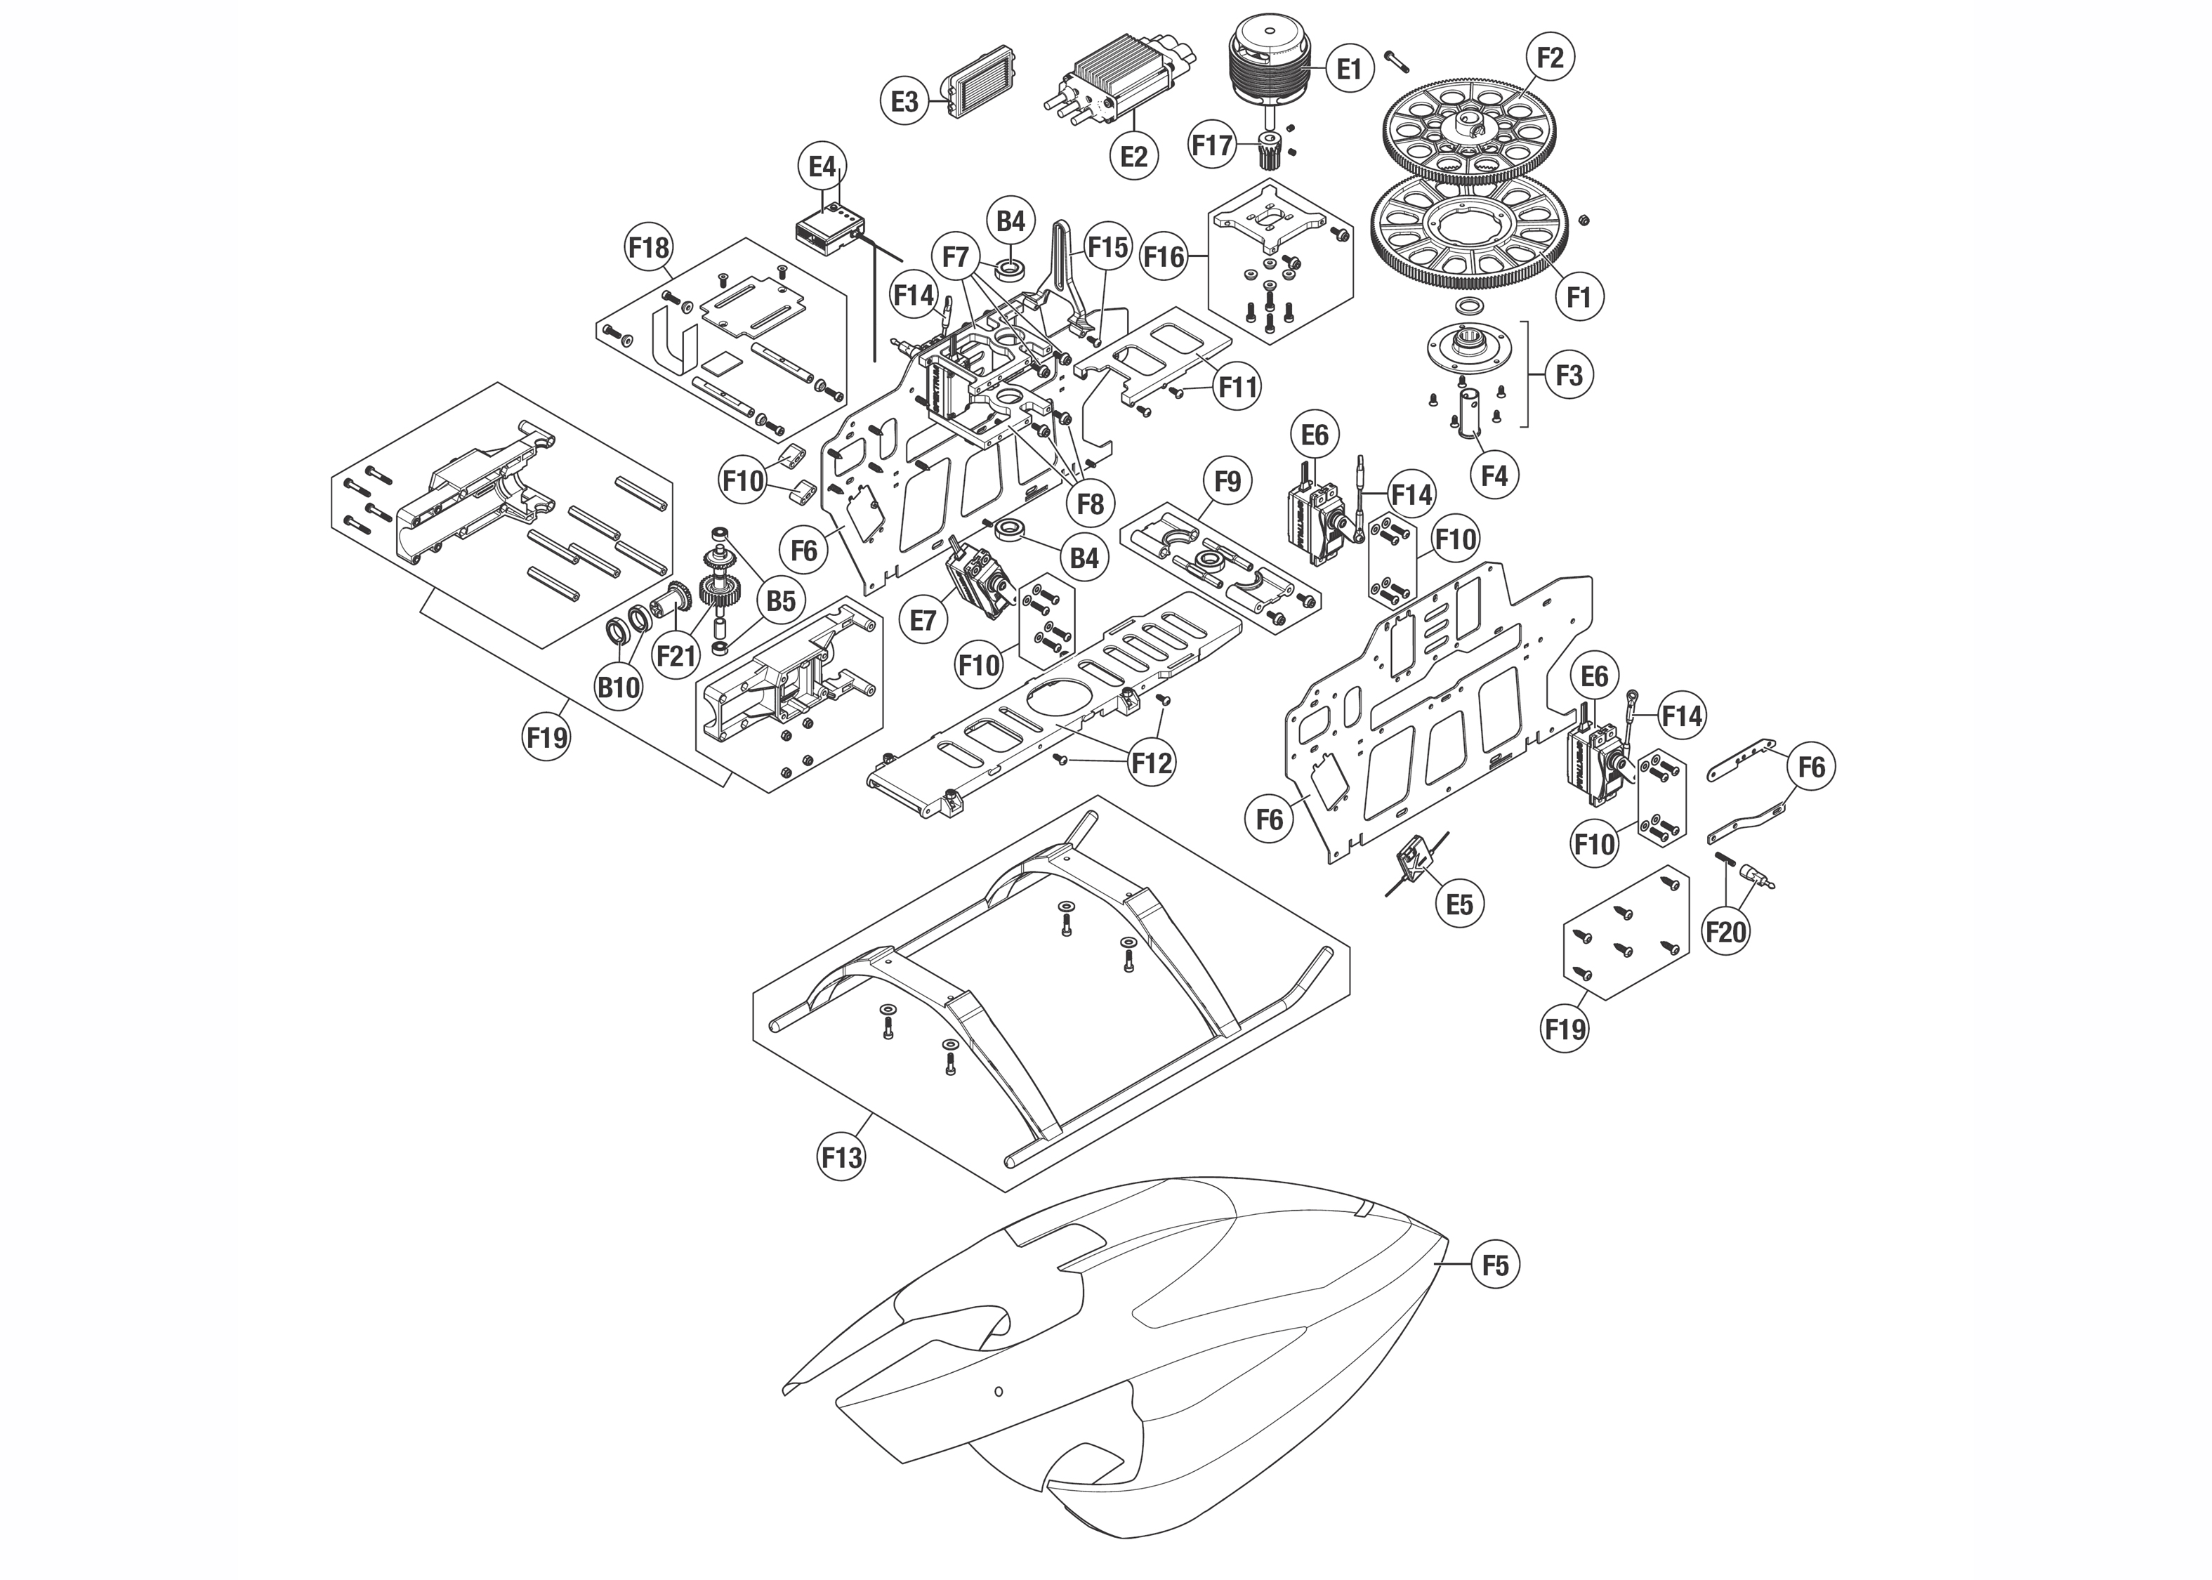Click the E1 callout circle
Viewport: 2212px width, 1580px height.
pyautogui.click(x=1348, y=68)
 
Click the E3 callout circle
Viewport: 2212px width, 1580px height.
pyautogui.click(x=904, y=101)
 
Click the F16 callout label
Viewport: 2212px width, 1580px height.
pyautogui.click(x=1164, y=257)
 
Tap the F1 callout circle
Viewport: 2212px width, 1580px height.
pyautogui.click(x=1578, y=297)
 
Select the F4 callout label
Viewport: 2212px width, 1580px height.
pyautogui.click(x=1494, y=475)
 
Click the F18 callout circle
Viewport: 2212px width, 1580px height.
pyautogui.click(x=648, y=247)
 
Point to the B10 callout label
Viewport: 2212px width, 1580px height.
pyautogui.click(x=618, y=688)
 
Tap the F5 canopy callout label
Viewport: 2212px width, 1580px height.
pyautogui.click(x=1495, y=1265)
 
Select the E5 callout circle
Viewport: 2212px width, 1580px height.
pyautogui.click(x=1459, y=904)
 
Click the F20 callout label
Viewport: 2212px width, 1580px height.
pyautogui.click(x=1725, y=932)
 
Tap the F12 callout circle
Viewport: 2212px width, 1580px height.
pyautogui.click(x=1152, y=763)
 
